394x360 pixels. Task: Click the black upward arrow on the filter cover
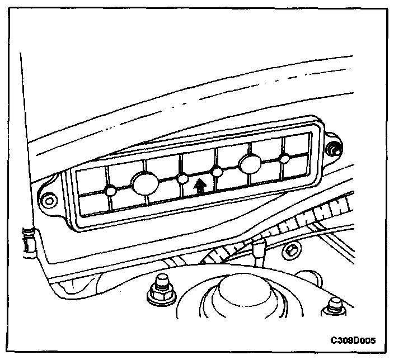coord(199,185)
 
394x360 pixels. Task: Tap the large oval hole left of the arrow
coord(144,182)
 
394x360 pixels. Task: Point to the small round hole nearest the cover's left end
coord(111,191)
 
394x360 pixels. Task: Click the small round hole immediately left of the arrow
coord(182,178)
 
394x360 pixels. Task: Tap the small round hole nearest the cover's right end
coord(285,159)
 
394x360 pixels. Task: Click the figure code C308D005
coord(352,340)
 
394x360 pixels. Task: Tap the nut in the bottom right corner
coord(334,307)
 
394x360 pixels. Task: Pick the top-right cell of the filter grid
coord(296,145)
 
